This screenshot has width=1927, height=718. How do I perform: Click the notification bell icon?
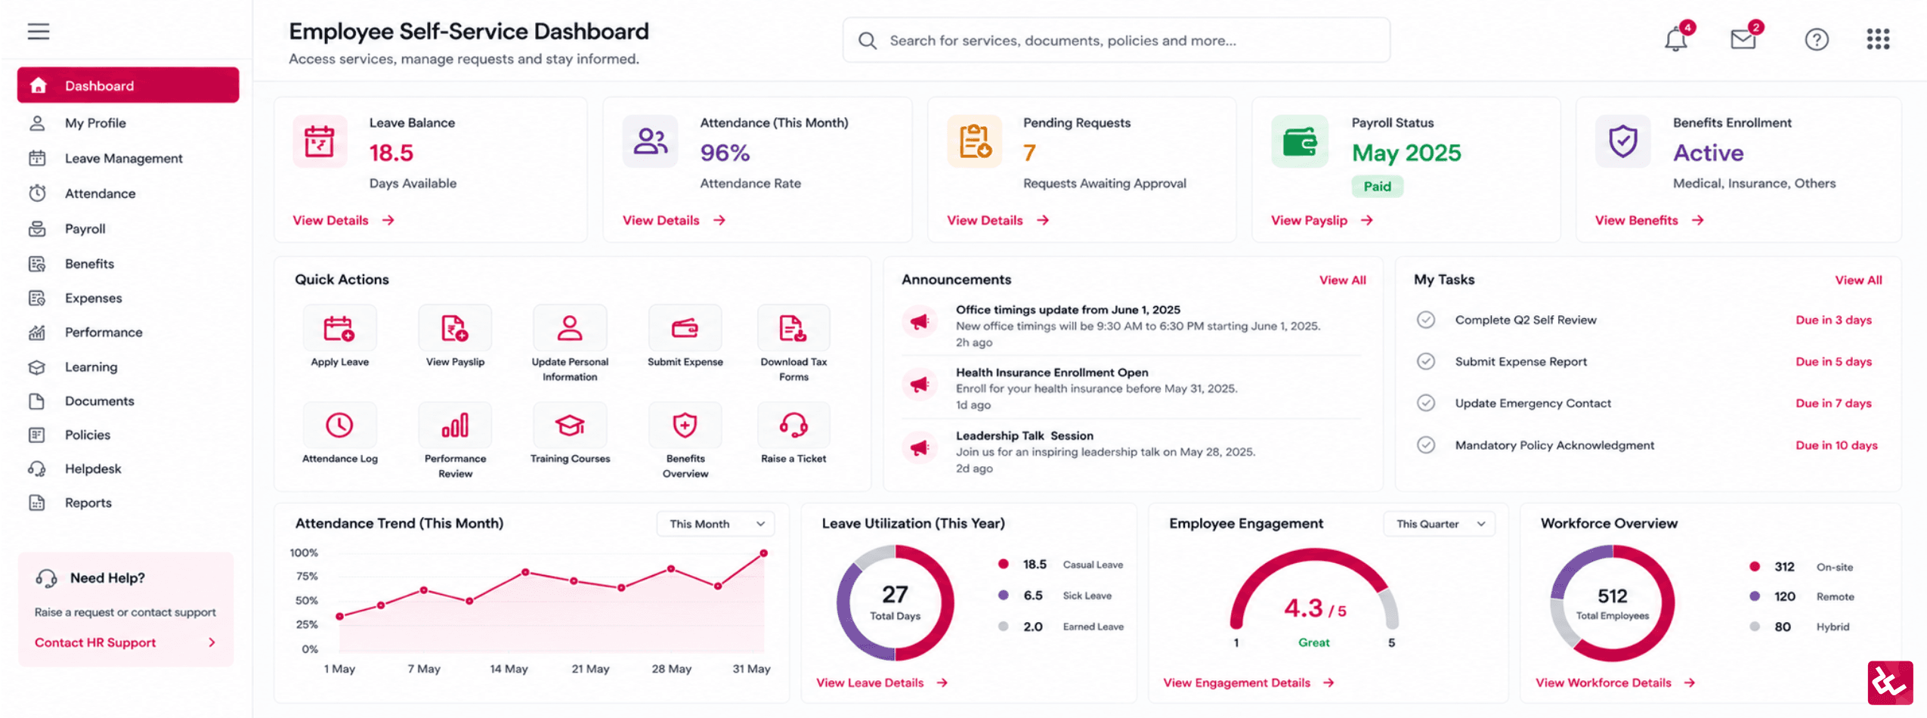tap(1675, 39)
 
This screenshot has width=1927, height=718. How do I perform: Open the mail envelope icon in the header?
tap(1743, 39)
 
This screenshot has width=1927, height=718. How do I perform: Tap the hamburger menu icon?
tap(39, 31)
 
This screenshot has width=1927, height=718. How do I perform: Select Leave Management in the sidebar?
tap(123, 158)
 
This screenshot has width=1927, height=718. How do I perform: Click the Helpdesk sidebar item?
tap(93, 469)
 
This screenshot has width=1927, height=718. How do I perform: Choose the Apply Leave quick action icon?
tap(339, 328)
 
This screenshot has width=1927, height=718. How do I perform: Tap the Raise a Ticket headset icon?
tap(793, 425)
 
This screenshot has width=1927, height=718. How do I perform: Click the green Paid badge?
tap(1377, 186)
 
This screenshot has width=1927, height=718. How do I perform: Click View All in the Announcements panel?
tap(1342, 280)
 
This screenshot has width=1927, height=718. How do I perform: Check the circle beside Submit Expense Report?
tap(1425, 361)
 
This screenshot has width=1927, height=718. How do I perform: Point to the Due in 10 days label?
tap(1836, 445)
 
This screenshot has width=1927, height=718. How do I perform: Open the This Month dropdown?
tap(715, 524)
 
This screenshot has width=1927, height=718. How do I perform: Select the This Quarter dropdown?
tap(1439, 524)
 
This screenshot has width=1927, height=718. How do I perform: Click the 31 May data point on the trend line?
tap(764, 553)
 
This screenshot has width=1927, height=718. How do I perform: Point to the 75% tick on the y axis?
tap(307, 577)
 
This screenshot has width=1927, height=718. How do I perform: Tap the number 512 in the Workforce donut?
tap(1612, 596)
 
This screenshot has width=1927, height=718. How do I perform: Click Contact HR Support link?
tap(95, 642)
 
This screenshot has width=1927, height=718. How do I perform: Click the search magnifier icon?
tap(868, 40)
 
